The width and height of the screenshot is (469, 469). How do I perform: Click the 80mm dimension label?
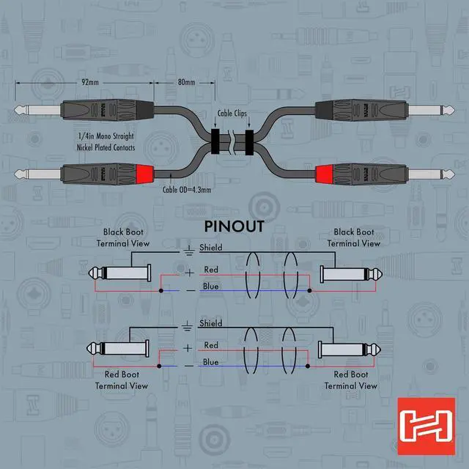click(186, 83)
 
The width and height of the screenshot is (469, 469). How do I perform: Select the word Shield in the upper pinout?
click(211, 248)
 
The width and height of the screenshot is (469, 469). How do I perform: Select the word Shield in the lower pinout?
click(211, 323)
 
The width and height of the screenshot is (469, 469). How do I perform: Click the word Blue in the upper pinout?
click(211, 287)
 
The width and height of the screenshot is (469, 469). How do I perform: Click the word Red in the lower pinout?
click(211, 344)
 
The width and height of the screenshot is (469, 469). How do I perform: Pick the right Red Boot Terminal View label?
click(351, 380)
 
